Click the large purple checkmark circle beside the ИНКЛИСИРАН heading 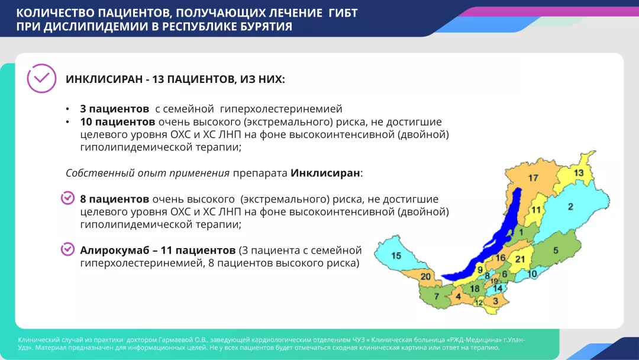(41, 78)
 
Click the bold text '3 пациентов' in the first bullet (114, 109)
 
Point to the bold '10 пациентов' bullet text (117, 122)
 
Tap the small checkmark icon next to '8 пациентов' (68, 198)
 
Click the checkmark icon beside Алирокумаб (68, 249)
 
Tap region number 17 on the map (533, 178)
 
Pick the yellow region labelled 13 (578, 172)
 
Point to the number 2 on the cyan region (570, 207)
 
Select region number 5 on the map (555, 250)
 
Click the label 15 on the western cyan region (396, 255)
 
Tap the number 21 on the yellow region (519, 259)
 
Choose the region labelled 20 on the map (425, 277)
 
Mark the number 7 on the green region (437, 295)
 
